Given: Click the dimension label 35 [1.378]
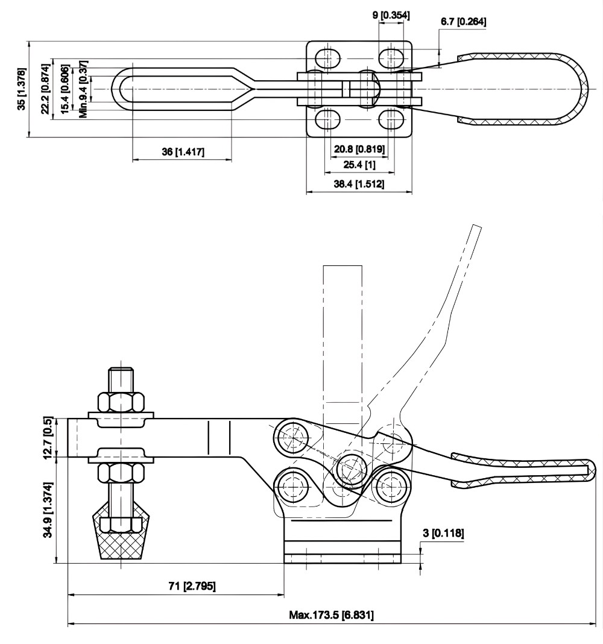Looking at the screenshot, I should click(22, 89).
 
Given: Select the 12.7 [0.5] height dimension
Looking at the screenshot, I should click(49, 437).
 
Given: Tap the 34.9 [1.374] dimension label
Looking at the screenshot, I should click(49, 510).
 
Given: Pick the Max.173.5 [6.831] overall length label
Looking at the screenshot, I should click(332, 615).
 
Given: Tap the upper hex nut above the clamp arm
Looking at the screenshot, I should click(121, 402).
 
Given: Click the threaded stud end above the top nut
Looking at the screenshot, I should click(121, 379).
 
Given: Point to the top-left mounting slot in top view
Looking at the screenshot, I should click(327, 58).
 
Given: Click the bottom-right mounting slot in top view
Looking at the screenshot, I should click(392, 119).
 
